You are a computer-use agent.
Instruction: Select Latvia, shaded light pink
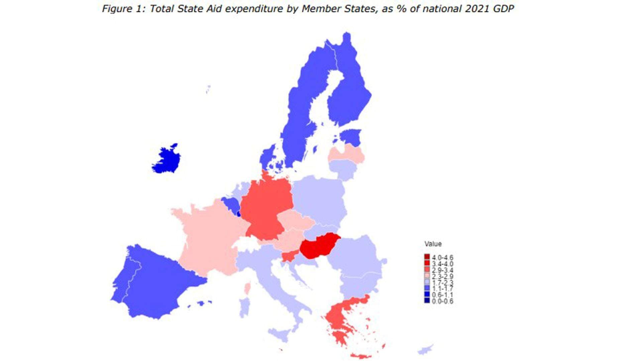[346, 155]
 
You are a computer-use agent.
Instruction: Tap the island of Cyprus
[425, 350]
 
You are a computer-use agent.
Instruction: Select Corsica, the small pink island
[248, 288]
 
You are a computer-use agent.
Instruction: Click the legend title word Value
[433, 244]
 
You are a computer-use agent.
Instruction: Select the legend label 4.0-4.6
[442, 258]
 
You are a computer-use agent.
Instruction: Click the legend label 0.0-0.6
[442, 301]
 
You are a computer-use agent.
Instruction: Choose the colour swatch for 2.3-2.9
[427, 276]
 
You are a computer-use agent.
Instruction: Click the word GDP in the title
[503, 9]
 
